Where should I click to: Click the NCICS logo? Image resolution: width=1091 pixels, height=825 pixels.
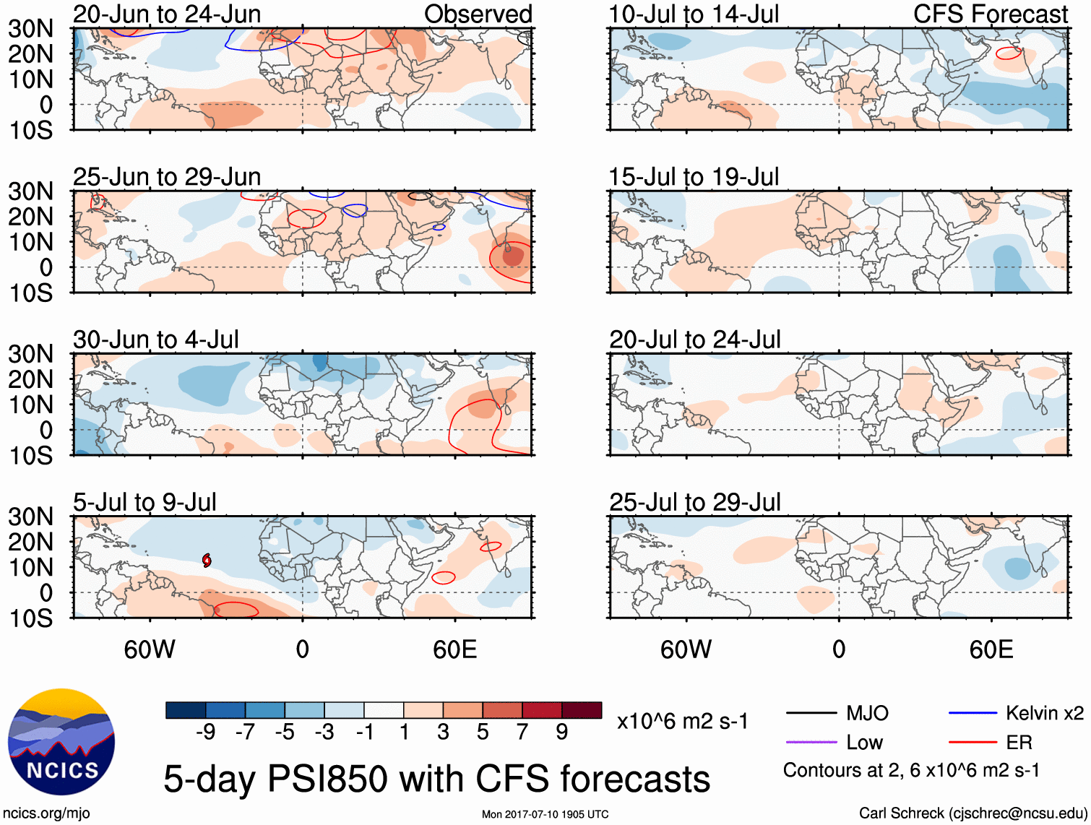click(61, 742)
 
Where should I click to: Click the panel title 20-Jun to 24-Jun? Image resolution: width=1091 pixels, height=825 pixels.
click(167, 14)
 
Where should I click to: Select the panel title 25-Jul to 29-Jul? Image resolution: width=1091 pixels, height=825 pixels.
click(695, 502)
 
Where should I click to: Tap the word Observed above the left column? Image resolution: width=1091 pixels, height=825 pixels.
click(478, 14)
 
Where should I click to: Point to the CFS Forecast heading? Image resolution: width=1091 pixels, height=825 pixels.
click(991, 14)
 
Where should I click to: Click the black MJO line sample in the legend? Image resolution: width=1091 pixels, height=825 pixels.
click(811, 714)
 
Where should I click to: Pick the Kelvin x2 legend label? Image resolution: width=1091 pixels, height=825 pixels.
click(1045, 714)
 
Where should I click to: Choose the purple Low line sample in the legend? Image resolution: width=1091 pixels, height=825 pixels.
click(811, 743)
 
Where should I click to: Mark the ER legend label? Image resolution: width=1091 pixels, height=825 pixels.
click(1019, 743)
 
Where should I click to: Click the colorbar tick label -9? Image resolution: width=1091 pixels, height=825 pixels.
click(206, 733)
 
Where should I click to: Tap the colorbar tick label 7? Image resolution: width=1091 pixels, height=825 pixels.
click(522, 733)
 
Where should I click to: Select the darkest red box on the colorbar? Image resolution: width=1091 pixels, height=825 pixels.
click(582, 710)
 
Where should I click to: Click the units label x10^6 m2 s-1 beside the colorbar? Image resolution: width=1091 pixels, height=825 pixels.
click(683, 722)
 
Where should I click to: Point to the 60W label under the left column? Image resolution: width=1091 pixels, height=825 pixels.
click(150, 649)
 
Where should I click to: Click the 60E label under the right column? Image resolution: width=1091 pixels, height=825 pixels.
click(991, 649)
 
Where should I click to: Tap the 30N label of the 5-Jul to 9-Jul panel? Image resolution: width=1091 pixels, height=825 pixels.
click(30, 517)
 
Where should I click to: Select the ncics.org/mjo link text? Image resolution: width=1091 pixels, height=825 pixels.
click(46, 813)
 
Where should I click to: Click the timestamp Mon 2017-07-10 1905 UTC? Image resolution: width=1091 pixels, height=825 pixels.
click(545, 814)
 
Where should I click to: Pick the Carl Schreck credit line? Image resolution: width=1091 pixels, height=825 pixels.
click(973, 813)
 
